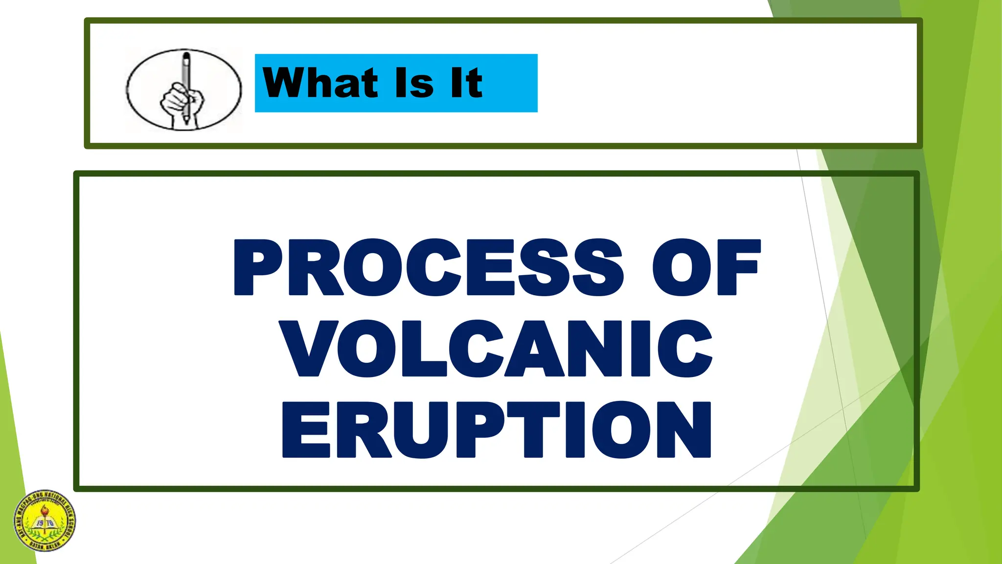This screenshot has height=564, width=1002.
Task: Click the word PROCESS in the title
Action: tap(428, 267)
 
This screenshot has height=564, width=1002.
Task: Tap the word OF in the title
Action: tap(706, 267)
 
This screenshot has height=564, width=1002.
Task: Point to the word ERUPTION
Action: tap(496, 429)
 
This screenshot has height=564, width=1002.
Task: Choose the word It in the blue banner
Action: tap(466, 83)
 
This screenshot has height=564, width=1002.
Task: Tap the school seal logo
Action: tap(45, 521)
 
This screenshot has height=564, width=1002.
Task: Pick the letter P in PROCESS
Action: tap(258, 267)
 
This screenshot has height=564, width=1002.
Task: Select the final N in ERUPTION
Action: tap(683, 429)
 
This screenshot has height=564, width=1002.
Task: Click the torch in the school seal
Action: tap(45, 514)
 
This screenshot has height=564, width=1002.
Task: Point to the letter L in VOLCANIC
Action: tap(425, 349)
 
